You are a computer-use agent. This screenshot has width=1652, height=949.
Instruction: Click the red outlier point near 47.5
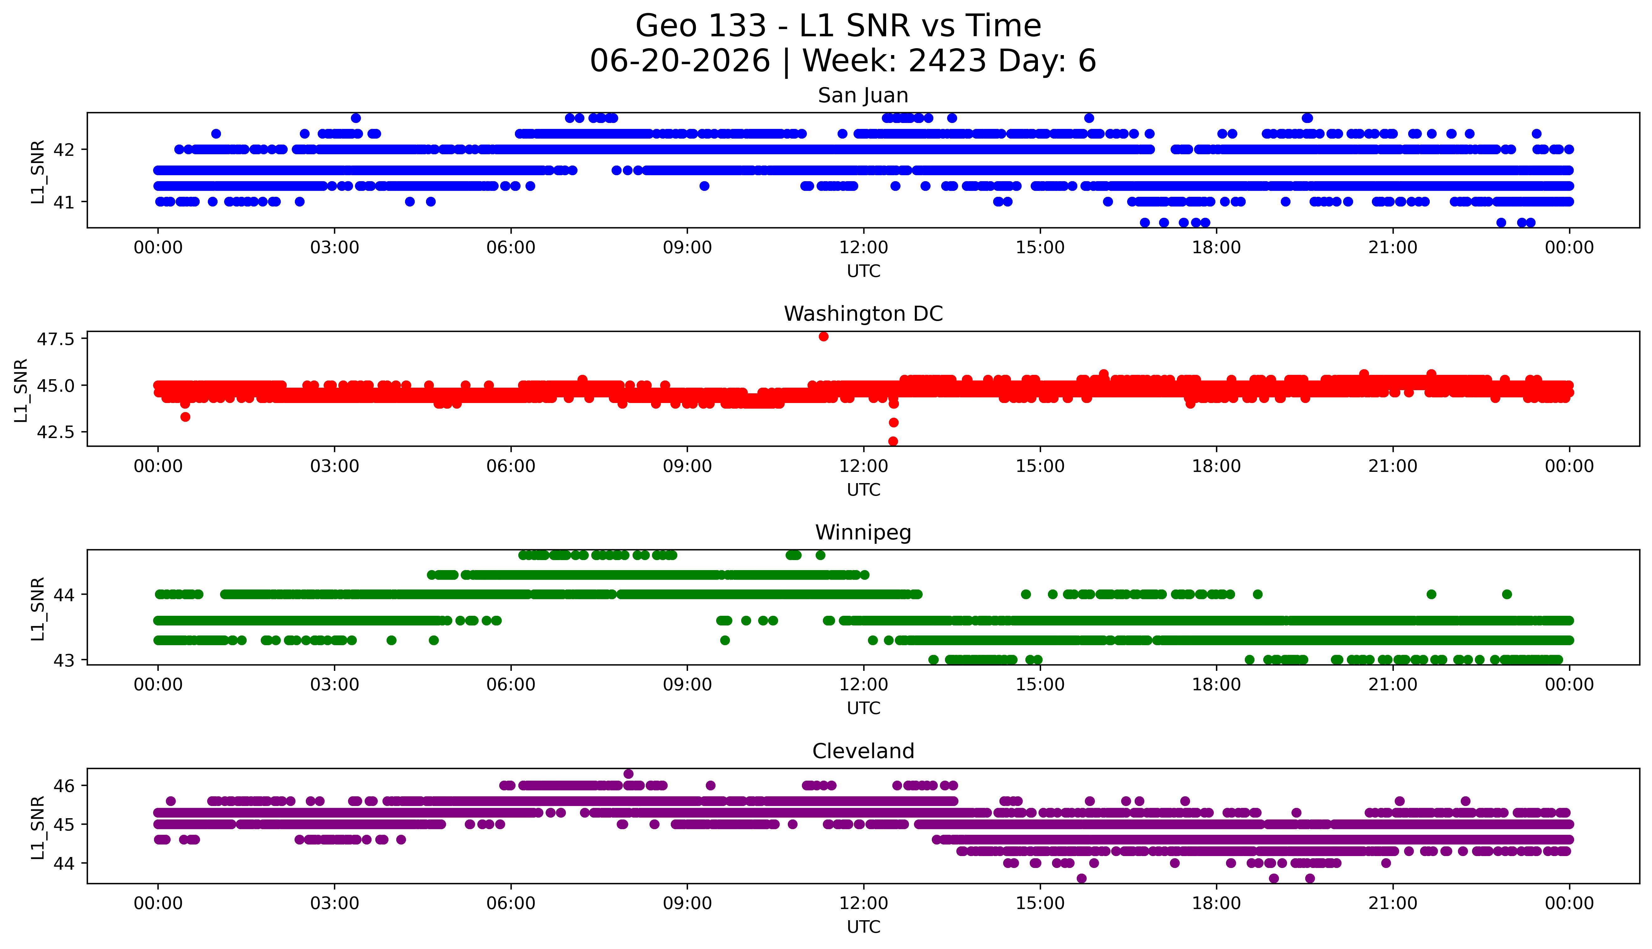(823, 336)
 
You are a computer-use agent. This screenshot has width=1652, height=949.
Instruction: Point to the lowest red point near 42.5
(893, 441)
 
